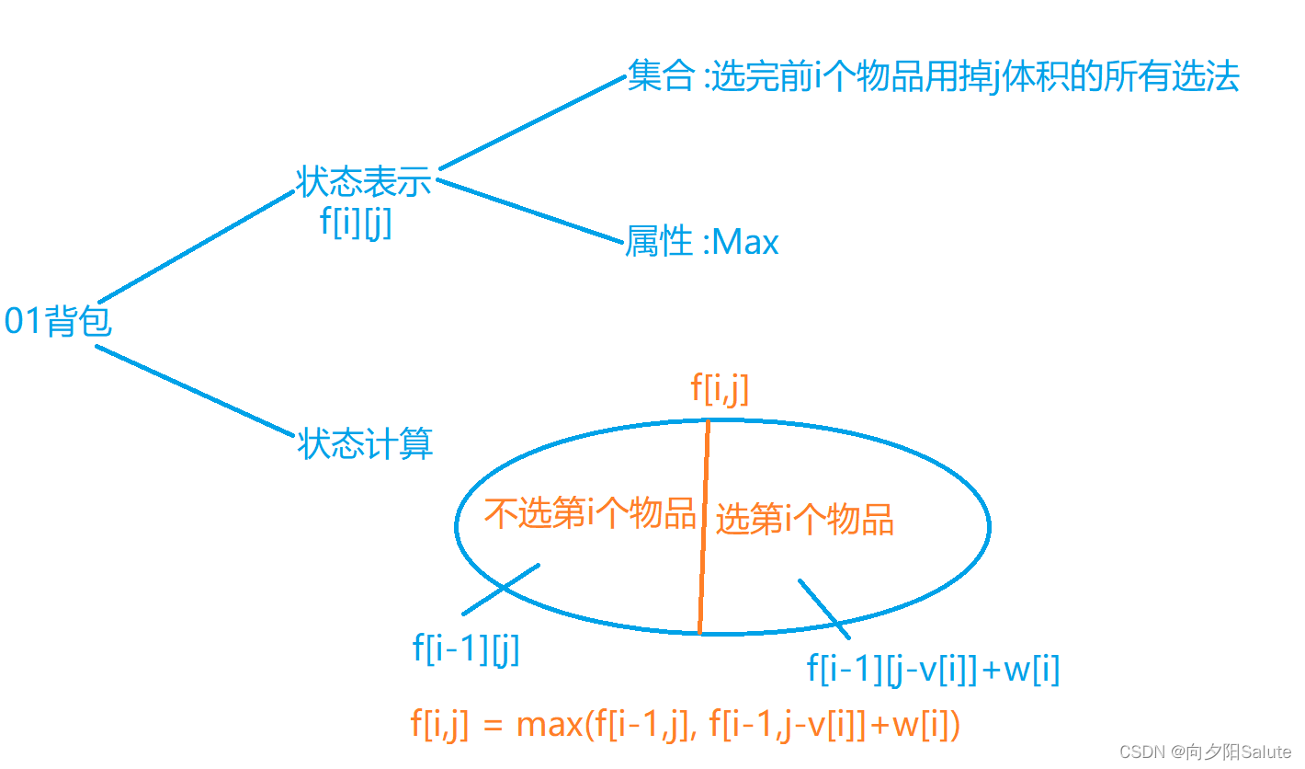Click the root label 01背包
58,321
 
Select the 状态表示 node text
364,181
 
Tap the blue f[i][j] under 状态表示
356,223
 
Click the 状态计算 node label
365,444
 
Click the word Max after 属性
745,242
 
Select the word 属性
658,242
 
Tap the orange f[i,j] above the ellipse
720,389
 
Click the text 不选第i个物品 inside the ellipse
590,514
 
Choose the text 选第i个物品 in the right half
804,520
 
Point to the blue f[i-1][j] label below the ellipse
466,649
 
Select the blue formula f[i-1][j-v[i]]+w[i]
933,669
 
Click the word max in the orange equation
550,726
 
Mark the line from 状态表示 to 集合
531,123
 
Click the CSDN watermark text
1205,752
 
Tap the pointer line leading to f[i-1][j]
500,589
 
